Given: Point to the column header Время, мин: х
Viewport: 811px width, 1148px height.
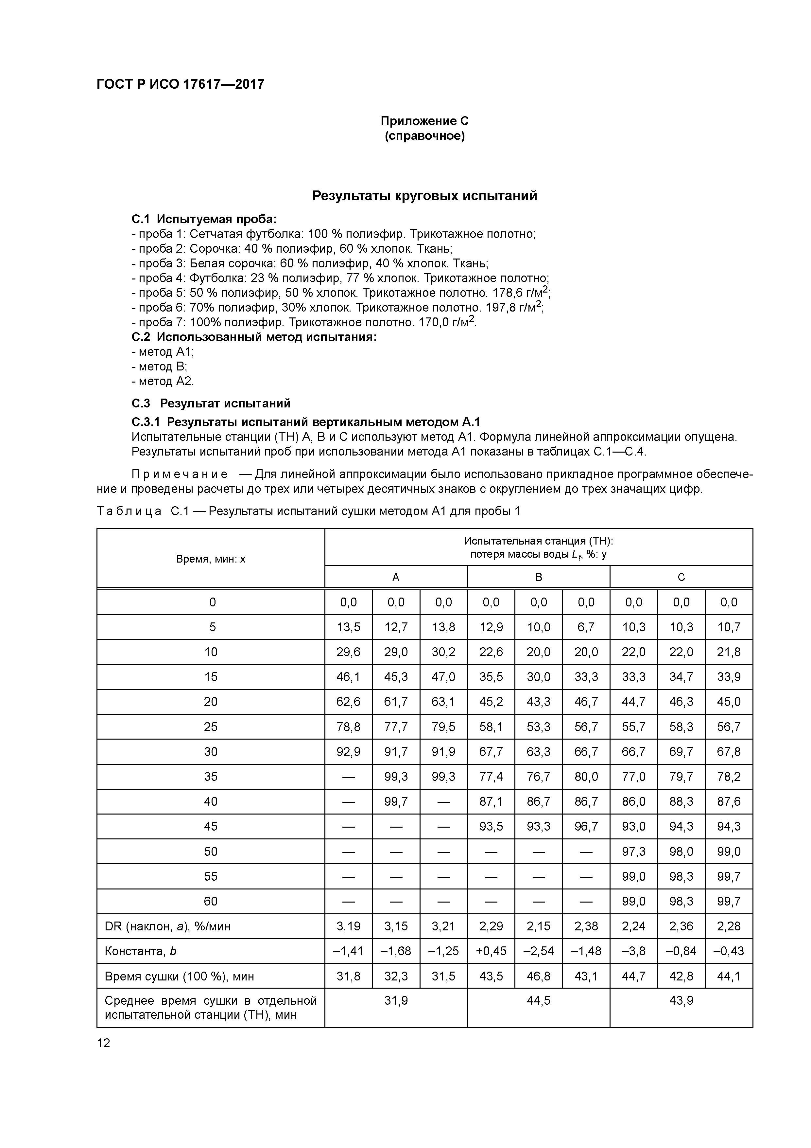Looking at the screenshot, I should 210,559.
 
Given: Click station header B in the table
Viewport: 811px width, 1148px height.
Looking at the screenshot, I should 538,577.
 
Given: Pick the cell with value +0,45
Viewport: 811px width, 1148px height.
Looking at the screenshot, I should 491,951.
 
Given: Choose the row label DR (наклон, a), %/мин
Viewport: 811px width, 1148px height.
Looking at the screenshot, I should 167,926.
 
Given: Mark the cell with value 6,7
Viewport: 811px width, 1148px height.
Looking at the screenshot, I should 586,627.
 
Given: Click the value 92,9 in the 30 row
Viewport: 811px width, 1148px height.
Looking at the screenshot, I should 348,751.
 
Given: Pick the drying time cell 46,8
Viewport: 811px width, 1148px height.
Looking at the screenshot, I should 538,976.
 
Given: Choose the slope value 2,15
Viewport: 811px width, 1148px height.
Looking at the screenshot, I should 538,926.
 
